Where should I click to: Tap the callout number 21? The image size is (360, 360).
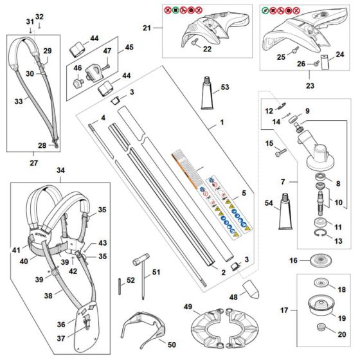pyautogui.click(x=146, y=28)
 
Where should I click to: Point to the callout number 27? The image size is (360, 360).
pyautogui.click(x=33, y=154)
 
